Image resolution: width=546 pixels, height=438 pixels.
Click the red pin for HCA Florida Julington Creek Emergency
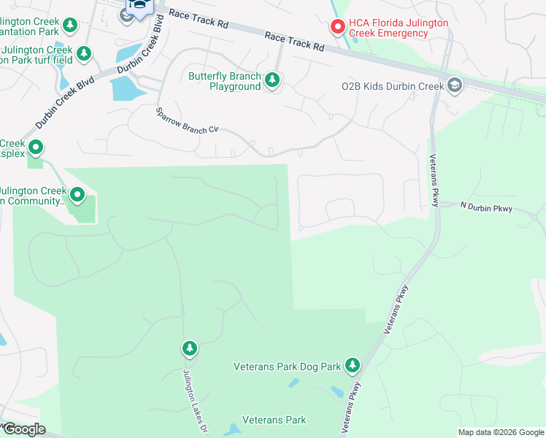337,27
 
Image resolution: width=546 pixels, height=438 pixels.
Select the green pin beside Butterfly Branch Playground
272,80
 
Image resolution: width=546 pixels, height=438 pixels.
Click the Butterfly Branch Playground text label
224,81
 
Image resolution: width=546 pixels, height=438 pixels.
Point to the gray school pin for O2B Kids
455,86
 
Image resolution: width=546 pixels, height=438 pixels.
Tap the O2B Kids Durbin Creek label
393,87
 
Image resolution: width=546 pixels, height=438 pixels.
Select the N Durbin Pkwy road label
487,209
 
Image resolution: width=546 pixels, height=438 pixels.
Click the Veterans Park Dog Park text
288,366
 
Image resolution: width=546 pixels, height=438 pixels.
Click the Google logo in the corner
23,429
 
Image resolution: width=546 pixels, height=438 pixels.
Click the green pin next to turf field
85,53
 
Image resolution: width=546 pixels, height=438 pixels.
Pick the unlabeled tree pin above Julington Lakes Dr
190,349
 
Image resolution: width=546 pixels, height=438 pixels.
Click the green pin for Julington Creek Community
78,195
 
